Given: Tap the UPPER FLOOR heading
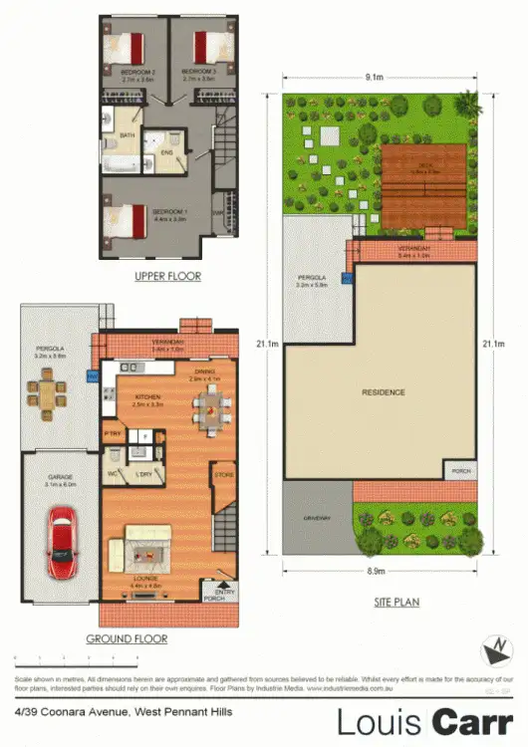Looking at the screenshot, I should [167, 276].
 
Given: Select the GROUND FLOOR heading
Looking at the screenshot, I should [126, 638].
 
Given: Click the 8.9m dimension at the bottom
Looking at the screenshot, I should [377, 571].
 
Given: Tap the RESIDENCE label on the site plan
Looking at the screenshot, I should [383, 392].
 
